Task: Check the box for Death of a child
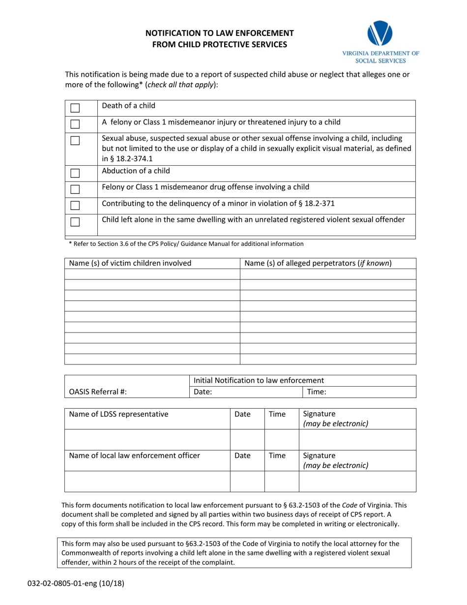coord(75,108)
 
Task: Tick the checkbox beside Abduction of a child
coord(75,173)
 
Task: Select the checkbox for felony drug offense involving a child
coord(75,189)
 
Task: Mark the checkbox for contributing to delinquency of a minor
coord(75,205)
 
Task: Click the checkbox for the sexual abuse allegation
coord(75,141)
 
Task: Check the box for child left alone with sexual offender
coord(75,222)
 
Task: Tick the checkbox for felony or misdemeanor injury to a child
coord(75,124)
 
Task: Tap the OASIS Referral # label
coord(98,392)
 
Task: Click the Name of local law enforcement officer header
coord(135,455)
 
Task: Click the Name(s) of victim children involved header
coord(130,263)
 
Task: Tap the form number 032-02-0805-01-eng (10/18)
coord(72,584)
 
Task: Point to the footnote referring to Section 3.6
coord(186,243)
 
